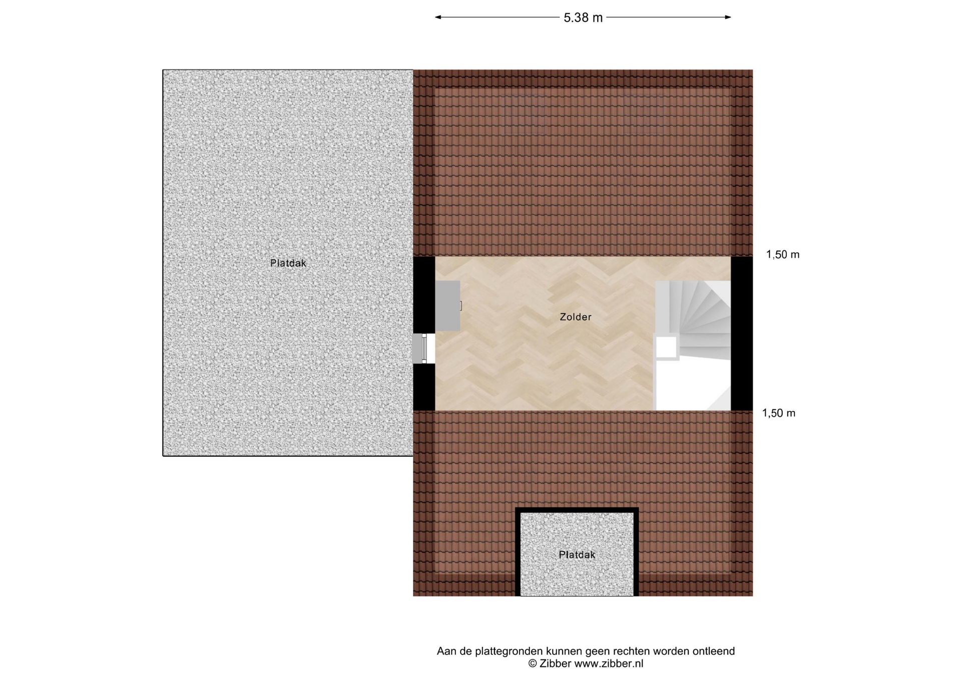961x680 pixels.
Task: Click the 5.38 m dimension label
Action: coord(583,18)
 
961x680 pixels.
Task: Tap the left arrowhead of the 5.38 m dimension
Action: coord(438,17)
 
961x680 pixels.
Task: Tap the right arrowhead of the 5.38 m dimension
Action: coord(728,17)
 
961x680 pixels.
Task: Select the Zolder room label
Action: coord(576,317)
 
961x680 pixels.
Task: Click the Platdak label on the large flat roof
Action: coord(288,263)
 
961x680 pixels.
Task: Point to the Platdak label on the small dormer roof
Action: coord(577,555)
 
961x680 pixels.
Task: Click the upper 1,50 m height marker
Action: coord(783,255)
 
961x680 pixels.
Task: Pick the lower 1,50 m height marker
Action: coord(779,413)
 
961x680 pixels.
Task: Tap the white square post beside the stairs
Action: coord(666,348)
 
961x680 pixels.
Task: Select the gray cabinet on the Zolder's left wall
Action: coord(447,306)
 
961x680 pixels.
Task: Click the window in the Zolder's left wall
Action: coord(423,349)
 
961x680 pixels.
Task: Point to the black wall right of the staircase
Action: coord(742,333)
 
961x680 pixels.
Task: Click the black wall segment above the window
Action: coord(424,295)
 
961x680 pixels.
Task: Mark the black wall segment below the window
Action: coord(424,387)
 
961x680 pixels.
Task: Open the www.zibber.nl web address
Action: coord(609,663)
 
